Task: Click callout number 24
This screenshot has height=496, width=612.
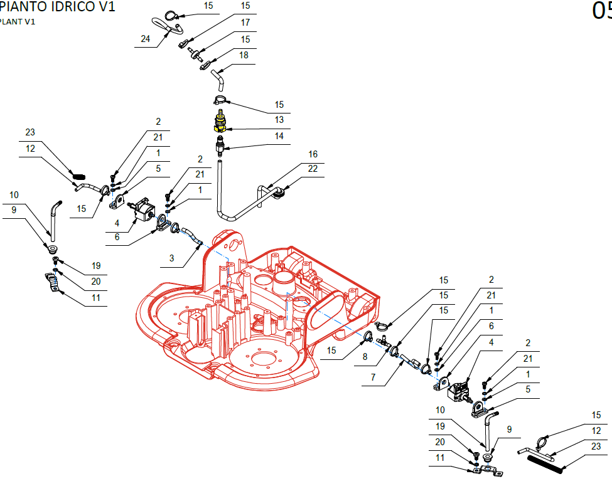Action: [x=145, y=39]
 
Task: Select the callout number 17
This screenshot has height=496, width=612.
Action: [x=245, y=23]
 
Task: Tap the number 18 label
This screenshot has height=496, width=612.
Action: [x=244, y=55]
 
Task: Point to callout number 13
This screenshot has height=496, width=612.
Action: [x=279, y=120]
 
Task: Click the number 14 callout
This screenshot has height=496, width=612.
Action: [x=279, y=136]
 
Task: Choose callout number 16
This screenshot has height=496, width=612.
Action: [x=313, y=154]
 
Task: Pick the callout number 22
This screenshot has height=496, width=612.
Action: [x=313, y=169]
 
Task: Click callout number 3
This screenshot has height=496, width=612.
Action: [x=172, y=258]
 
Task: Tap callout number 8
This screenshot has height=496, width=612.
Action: [x=365, y=357]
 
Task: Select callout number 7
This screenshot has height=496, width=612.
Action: [x=373, y=377]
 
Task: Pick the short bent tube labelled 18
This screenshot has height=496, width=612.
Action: [x=218, y=80]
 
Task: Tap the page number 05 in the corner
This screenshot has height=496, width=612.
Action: [x=602, y=11]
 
